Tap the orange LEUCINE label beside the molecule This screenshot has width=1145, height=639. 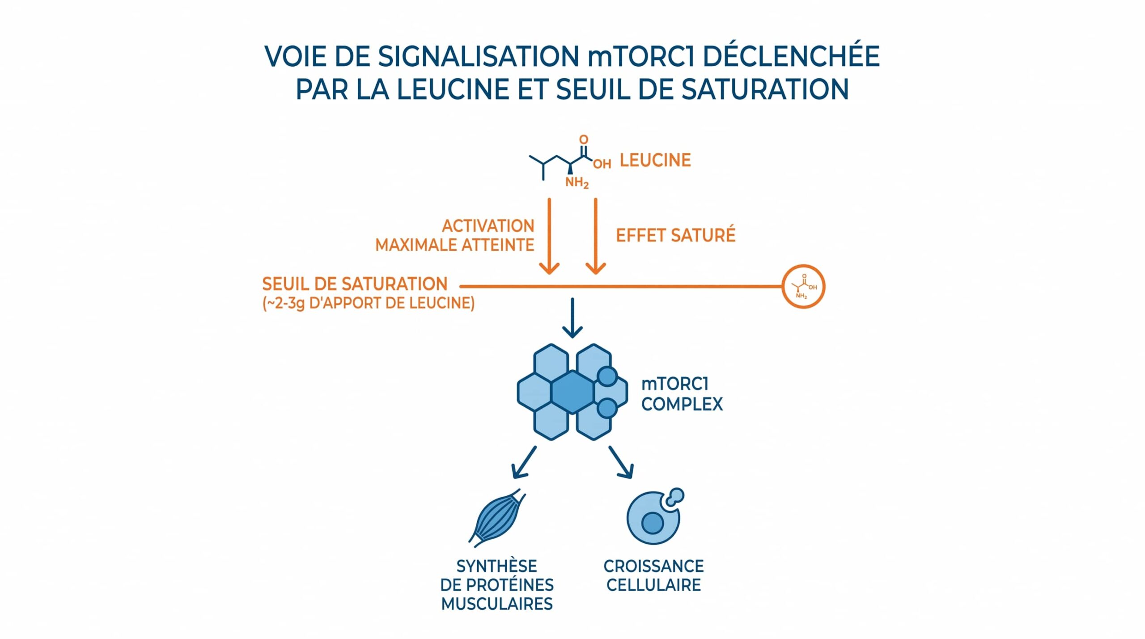pos(655,161)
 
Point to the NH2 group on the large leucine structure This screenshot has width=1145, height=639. pos(577,183)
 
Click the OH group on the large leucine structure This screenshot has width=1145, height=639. pos(602,164)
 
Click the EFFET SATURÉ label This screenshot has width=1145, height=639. pos(675,236)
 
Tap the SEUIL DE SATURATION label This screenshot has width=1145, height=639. pos(355,284)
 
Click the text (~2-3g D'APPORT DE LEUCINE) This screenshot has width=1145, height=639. pos(368,303)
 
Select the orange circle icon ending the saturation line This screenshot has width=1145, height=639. pos(803,286)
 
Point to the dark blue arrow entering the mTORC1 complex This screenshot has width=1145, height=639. pos(572,318)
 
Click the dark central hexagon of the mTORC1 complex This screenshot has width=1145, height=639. pos(572,392)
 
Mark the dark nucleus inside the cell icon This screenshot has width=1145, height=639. pos(652,523)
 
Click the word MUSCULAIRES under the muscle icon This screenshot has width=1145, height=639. pos(497,604)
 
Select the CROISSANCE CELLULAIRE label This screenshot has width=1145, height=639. pos(653,576)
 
